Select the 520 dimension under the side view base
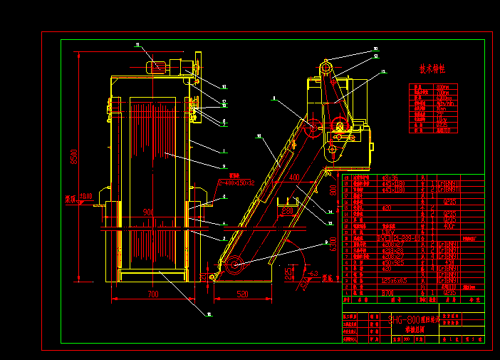[242, 294]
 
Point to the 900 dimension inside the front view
[148, 212]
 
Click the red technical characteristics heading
[432, 69]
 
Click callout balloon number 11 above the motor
[137, 44]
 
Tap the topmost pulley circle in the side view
[326, 67]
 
